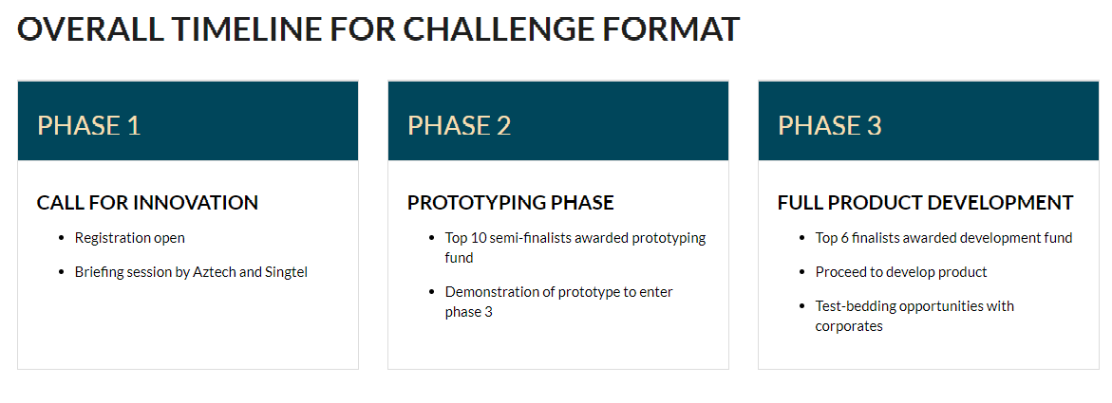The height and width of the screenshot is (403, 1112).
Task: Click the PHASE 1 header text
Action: pyautogui.click(x=88, y=125)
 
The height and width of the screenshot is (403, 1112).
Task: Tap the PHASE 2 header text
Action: pyautogui.click(x=459, y=125)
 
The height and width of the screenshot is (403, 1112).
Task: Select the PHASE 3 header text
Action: pyautogui.click(x=830, y=125)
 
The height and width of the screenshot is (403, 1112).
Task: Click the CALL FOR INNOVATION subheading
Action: pyautogui.click(x=147, y=203)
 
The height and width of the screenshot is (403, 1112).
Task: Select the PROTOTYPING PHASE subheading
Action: pyautogui.click(x=511, y=203)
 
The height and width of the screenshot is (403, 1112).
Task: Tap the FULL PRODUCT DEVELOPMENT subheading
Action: pyautogui.click(x=926, y=203)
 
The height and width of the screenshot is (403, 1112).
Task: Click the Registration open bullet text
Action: pyautogui.click(x=130, y=238)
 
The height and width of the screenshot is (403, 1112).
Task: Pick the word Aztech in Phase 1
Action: pyautogui.click(x=215, y=272)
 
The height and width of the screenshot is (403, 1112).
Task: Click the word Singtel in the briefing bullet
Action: pyautogui.click(x=287, y=272)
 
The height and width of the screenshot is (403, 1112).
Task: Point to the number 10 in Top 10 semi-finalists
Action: pyautogui.click(x=478, y=238)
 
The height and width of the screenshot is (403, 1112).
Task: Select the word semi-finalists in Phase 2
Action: pyautogui.click(x=530, y=238)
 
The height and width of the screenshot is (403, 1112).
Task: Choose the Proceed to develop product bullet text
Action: pyautogui.click(x=901, y=272)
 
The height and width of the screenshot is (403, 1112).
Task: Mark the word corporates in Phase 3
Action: pyautogui.click(x=849, y=326)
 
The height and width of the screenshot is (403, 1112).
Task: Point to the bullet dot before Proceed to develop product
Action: pyautogui.click(x=802, y=273)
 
